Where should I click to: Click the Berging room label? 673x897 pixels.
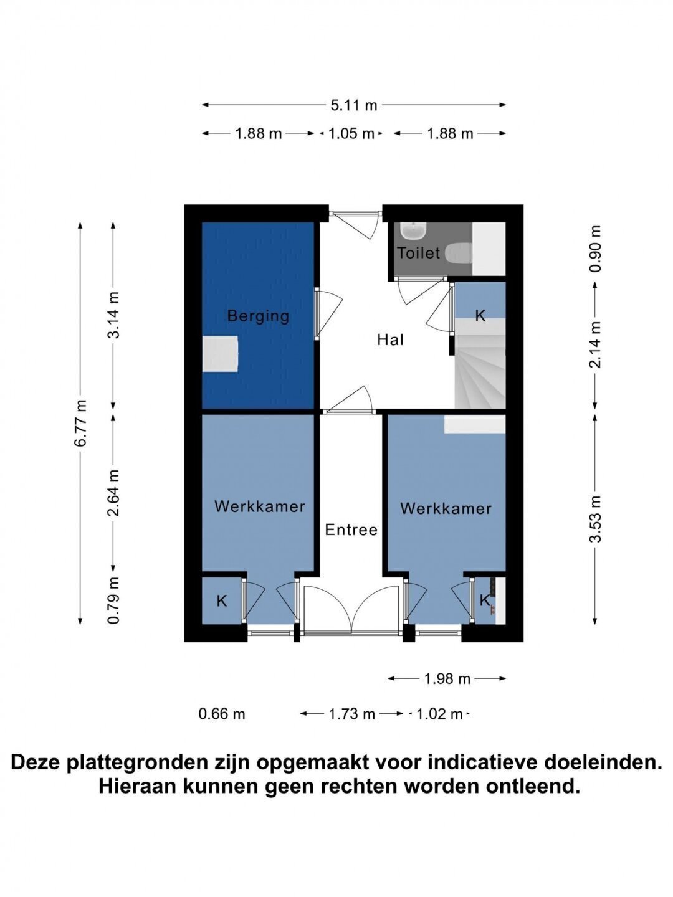tap(258, 316)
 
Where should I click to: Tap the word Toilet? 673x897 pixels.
tap(418, 253)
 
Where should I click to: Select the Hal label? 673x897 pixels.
tap(390, 339)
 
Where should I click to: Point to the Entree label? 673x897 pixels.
tap(351, 530)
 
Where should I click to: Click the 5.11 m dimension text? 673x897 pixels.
tap(354, 105)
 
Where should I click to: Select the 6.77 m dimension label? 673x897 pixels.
tap(80, 424)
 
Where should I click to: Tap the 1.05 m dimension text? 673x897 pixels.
tap(351, 134)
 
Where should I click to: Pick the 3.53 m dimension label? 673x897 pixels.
tap(595, 519)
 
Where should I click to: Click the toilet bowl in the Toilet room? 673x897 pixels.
tap(459, 254)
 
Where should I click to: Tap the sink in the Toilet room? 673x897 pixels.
tap(414, 230)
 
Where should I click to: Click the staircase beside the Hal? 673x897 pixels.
tap(480, 363)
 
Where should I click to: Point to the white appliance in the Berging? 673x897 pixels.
tap(220, 354)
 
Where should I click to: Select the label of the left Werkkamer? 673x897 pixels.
tap(259, 506)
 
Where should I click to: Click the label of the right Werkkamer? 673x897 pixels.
tap(446, 509)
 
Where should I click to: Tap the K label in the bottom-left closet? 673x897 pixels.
tap(221, 601)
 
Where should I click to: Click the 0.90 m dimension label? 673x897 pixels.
tap(595, 249)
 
